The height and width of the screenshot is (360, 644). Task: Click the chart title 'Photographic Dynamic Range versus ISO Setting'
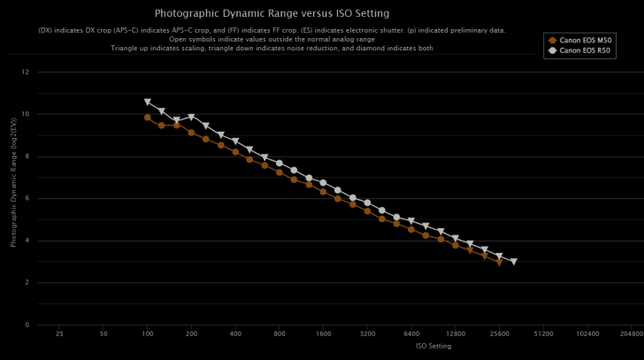point(272,13)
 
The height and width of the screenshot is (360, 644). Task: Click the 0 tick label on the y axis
point(27,325)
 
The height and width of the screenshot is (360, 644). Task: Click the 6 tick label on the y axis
point(27,198)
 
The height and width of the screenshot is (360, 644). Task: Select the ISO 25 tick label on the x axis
point(59,334)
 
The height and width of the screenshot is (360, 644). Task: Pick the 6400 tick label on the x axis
point(411,334)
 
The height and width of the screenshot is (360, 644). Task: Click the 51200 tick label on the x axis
point(543,334)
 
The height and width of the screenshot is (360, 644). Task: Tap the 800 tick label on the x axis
point(280,334)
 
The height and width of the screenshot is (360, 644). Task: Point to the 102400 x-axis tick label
point(587,334)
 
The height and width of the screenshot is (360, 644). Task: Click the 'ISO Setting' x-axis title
point(433,346)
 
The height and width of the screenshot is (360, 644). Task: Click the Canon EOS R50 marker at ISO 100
point(148,103)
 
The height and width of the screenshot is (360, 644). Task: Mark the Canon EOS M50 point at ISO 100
point(148,117)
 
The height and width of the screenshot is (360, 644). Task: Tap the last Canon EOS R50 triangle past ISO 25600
point(513,262)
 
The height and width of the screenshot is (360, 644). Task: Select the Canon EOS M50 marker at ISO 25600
point(499,262)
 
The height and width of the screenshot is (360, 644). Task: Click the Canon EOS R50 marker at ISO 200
point(191,117)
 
